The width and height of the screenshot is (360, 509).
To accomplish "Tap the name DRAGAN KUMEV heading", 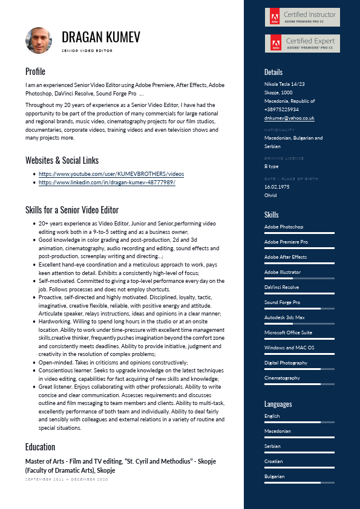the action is tap(100, 37).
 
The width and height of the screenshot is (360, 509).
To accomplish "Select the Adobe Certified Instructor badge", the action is tap(302, 17).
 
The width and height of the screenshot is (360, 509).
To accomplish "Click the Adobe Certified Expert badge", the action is tap(302, 43).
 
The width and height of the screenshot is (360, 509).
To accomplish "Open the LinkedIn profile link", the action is tap(106, 182).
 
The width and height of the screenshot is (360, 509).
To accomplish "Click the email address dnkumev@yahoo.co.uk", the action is tap(289, 118).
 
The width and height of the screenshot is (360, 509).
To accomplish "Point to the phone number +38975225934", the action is tap(281, 109).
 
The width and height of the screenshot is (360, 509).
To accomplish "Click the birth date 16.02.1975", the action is tap(277, 187).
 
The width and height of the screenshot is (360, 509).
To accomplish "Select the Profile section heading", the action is tap(35, 71).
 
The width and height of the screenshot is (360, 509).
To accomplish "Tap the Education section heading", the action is tap(40, 447).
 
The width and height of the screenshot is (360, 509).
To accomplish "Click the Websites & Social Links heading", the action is tap(62, 160).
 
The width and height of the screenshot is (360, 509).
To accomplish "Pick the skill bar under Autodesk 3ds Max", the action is tap(299, 323).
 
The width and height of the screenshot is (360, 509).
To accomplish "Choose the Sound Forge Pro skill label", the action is tap(282, 302).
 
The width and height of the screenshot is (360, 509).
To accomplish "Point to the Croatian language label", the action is tap(274, 461).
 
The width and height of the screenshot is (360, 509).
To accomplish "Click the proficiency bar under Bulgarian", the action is tap(299, 482).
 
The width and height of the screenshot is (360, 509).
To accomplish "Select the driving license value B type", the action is tap(272, 166).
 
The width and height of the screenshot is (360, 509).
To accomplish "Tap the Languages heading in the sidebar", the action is tap(278, 404).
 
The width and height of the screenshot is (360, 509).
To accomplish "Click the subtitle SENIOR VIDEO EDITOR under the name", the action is tap(87, 51).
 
